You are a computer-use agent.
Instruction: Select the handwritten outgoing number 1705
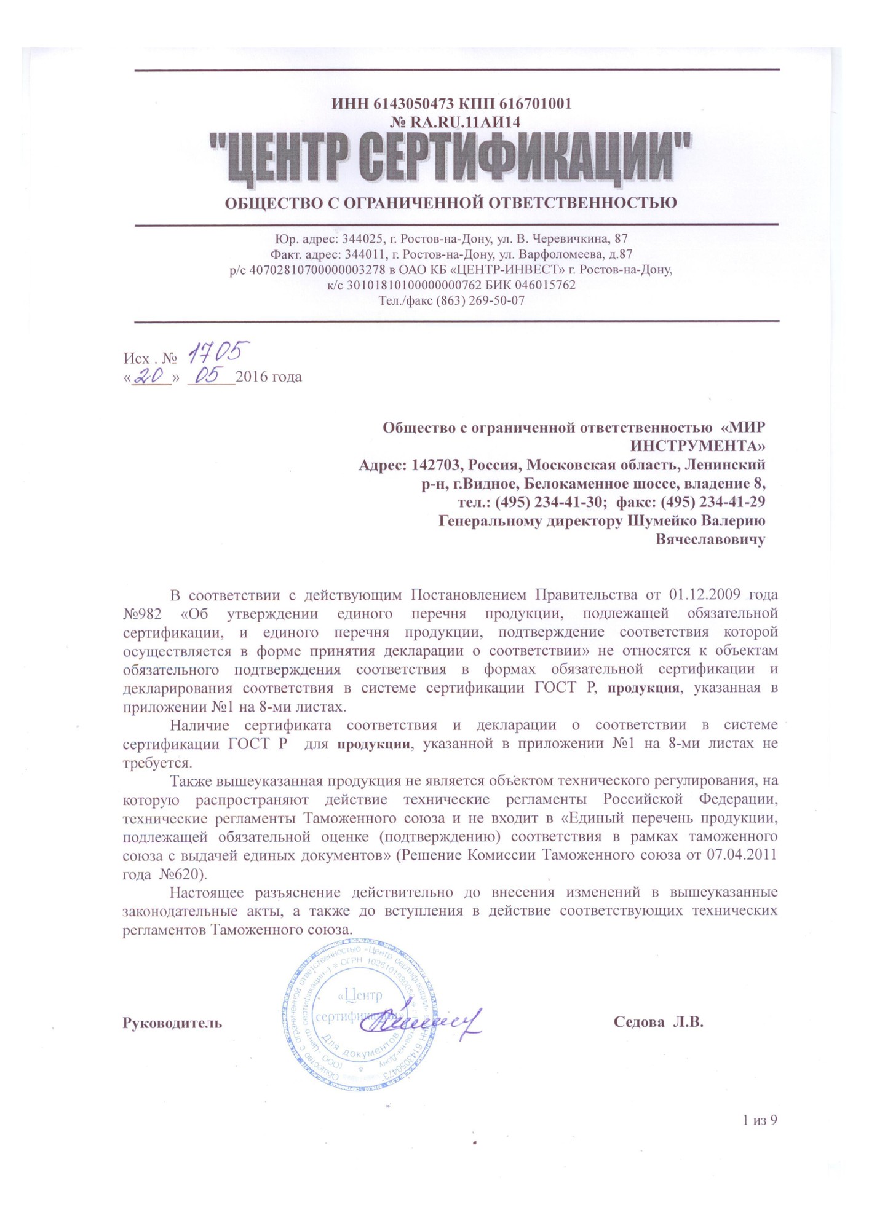click(218, 352)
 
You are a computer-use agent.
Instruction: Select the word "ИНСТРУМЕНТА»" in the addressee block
click(697, 445)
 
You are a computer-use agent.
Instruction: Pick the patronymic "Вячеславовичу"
click(710, 540)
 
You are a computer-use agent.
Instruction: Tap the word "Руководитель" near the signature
click(173, 1023)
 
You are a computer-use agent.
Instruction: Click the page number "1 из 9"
click(760, 1120)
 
